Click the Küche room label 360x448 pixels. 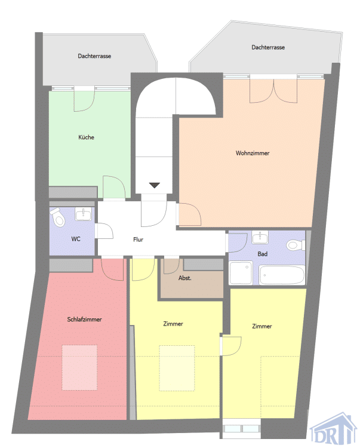pyautogui.click(x=86, y=137)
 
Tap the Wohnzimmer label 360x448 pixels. pyautogui.click(x=253, y=153)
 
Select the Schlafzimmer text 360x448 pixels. pyautogui.click(x=84, y=319)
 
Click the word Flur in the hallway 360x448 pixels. pyautogui.click(x=138, y=240)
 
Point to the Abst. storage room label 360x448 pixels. pyautogui.click(x=184, y=278)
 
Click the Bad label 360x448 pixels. pyautogui.click(x=262, y=254)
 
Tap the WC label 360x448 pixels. pyautogui.click(x=76, y=238)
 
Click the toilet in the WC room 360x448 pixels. pyautogui.click(x=58, y=217)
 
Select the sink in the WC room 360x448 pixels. pyautogui.click(x=83, y=214)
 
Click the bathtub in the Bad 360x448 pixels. pyautogui.click(x=282, y=275)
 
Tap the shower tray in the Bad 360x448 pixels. pyautogui.click(x=241, y=272)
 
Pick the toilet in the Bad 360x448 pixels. pyautogui.click(x=296, y=245)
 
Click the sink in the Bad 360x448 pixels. pyautogui.click(x=260, y=237)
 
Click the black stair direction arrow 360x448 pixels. pyautogui.click(x=155, y=185)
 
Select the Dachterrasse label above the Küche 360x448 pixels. pyautogui.click(x=94, y=56)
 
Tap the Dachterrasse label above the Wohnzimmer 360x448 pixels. pyautogui.click(x=268, y=47)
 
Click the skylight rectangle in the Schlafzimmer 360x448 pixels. pyautogui.click(x=79, y=367)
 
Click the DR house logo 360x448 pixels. pyautogui.click(x=334, y=428)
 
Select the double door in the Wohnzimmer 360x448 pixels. pyautogui.click(x=273, y=91)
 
